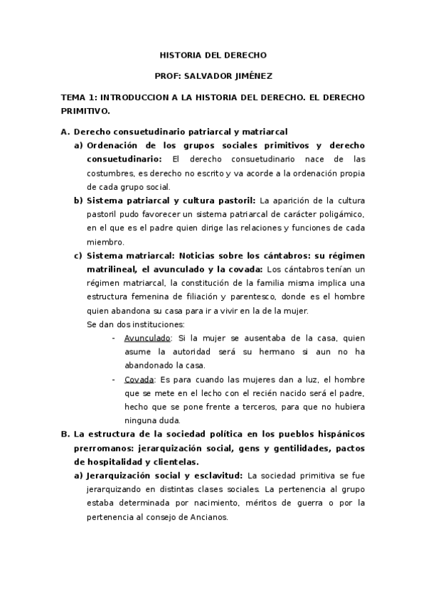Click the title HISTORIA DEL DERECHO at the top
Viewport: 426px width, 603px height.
[x=213, y=53]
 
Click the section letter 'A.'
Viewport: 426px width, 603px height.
[x=65, y=132]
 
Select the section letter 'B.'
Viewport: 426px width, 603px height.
[x=65, y=433]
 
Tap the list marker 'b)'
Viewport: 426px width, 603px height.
[x=78, y=201]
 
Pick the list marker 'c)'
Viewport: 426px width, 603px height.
[x=78, y=255]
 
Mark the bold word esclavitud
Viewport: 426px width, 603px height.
[x=218, y=475]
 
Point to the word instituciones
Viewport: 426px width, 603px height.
[x=160, y=324]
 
